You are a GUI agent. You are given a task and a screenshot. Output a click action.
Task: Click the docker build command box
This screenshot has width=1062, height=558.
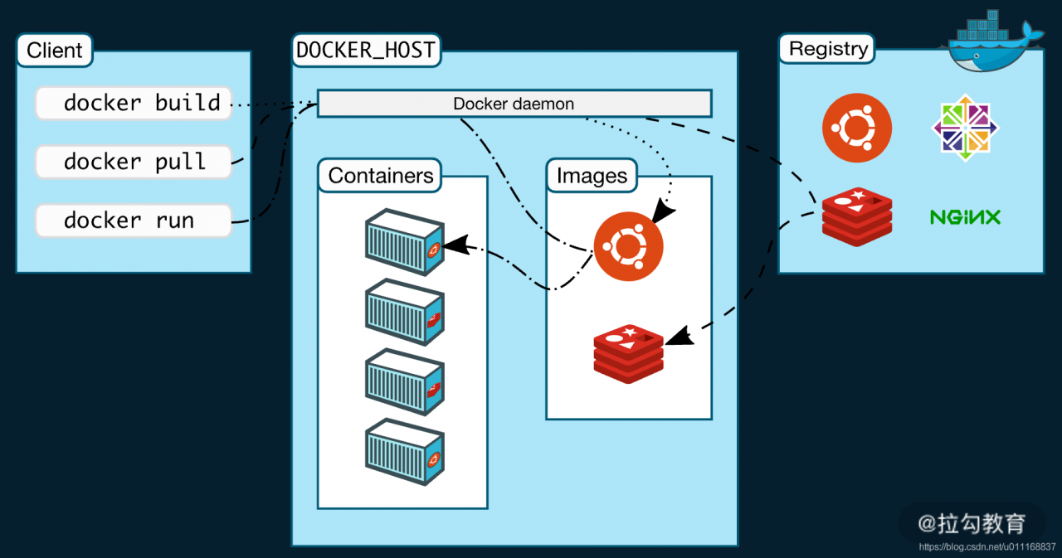coord(134,103)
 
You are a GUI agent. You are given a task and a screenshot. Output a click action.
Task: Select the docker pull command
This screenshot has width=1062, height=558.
coord(134,161)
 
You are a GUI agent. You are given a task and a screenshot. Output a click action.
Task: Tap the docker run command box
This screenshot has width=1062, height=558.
coord(134,221)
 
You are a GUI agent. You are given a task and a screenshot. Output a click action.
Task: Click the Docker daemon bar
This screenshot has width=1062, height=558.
coord(514,104)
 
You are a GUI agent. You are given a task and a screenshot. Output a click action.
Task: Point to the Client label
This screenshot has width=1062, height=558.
coord(55,51)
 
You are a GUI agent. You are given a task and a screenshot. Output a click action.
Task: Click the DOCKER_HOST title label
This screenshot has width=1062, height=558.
coord(366,50)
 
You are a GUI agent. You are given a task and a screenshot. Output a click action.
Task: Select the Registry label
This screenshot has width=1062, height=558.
coord(828,49)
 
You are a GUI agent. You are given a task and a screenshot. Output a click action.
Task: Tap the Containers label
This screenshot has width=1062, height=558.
coord(380,176)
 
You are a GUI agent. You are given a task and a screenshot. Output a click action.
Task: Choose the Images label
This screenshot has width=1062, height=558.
coord(592,176)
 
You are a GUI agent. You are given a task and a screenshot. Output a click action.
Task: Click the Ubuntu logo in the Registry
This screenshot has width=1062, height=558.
coord(857,128)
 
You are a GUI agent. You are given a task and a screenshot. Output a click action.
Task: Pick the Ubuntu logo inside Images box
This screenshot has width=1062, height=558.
coord(628,246)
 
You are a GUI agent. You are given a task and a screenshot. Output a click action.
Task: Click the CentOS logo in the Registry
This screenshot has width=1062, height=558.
coord(965,128)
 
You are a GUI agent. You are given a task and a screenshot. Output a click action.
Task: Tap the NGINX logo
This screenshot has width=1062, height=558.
coord(965,217)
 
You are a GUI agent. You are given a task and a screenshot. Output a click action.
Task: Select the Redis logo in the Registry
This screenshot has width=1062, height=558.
coord(857,217)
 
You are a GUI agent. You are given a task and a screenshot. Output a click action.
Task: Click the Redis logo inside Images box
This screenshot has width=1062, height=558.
coord(628,354)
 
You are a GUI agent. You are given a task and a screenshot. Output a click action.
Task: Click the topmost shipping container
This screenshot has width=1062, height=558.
coord(405,242)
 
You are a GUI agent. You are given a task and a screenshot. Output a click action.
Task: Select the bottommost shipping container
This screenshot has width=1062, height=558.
coord(405,453)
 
